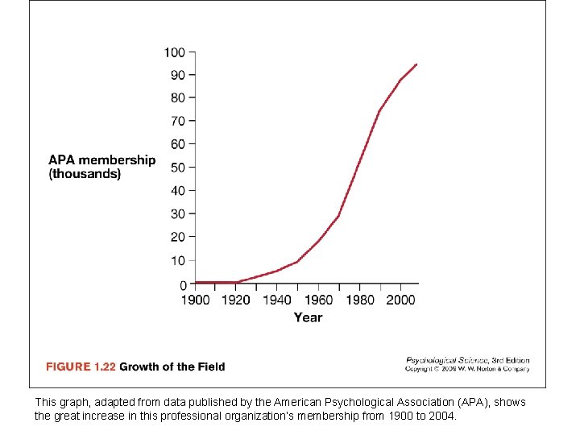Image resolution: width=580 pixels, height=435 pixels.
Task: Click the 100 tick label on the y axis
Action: (x=175, y=52)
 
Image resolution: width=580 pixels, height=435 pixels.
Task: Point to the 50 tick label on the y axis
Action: (x=178, y=168)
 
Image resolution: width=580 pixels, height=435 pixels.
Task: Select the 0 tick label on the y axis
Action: (x=182, y=285)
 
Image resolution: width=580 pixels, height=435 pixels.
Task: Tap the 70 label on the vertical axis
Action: (x=178, y=121)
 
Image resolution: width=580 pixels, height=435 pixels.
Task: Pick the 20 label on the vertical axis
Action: (x=178, y=237)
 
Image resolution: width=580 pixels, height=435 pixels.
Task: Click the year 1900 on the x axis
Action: (x=195, y=300)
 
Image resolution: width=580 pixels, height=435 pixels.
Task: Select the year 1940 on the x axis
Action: (x=277, y=300)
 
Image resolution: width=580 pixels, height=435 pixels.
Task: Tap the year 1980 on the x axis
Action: (x=360, y=300)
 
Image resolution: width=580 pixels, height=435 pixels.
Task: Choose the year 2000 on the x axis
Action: (x=400, y=300)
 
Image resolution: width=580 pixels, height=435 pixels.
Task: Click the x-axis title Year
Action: (x=308, y=317)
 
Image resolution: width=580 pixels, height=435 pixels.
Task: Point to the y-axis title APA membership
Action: (x=101, y=159)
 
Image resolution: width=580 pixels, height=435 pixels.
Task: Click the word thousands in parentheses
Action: (x=85, y=174)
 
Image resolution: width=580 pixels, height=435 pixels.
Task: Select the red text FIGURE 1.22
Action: (x=81, y=367)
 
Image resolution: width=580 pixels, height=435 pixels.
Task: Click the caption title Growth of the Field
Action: (x=172, y=367)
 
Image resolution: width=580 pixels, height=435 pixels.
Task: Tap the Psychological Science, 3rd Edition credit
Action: (x=467, y=360)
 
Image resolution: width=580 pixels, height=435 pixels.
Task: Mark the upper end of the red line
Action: (x=416, y=64)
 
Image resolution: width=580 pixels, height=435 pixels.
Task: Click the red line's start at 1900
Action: (x=196, y=282)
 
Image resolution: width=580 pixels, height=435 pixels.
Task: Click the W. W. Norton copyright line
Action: (x=467, y=369)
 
